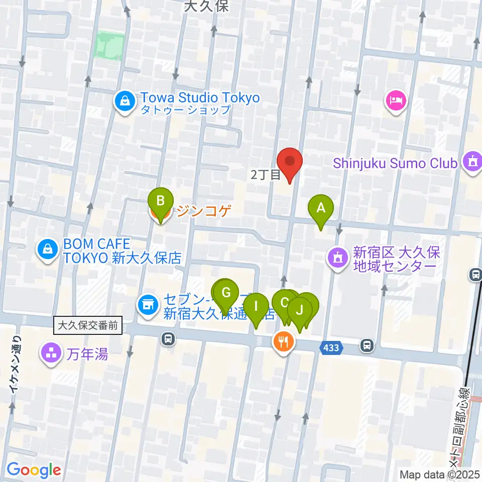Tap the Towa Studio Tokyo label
point(200,97)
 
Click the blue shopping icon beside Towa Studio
point(123,101)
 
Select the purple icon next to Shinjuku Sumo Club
point(472,162)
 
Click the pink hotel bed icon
point(397,100)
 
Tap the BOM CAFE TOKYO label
point(96,245)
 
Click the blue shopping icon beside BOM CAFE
point(47,249)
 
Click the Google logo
point(34,470)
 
